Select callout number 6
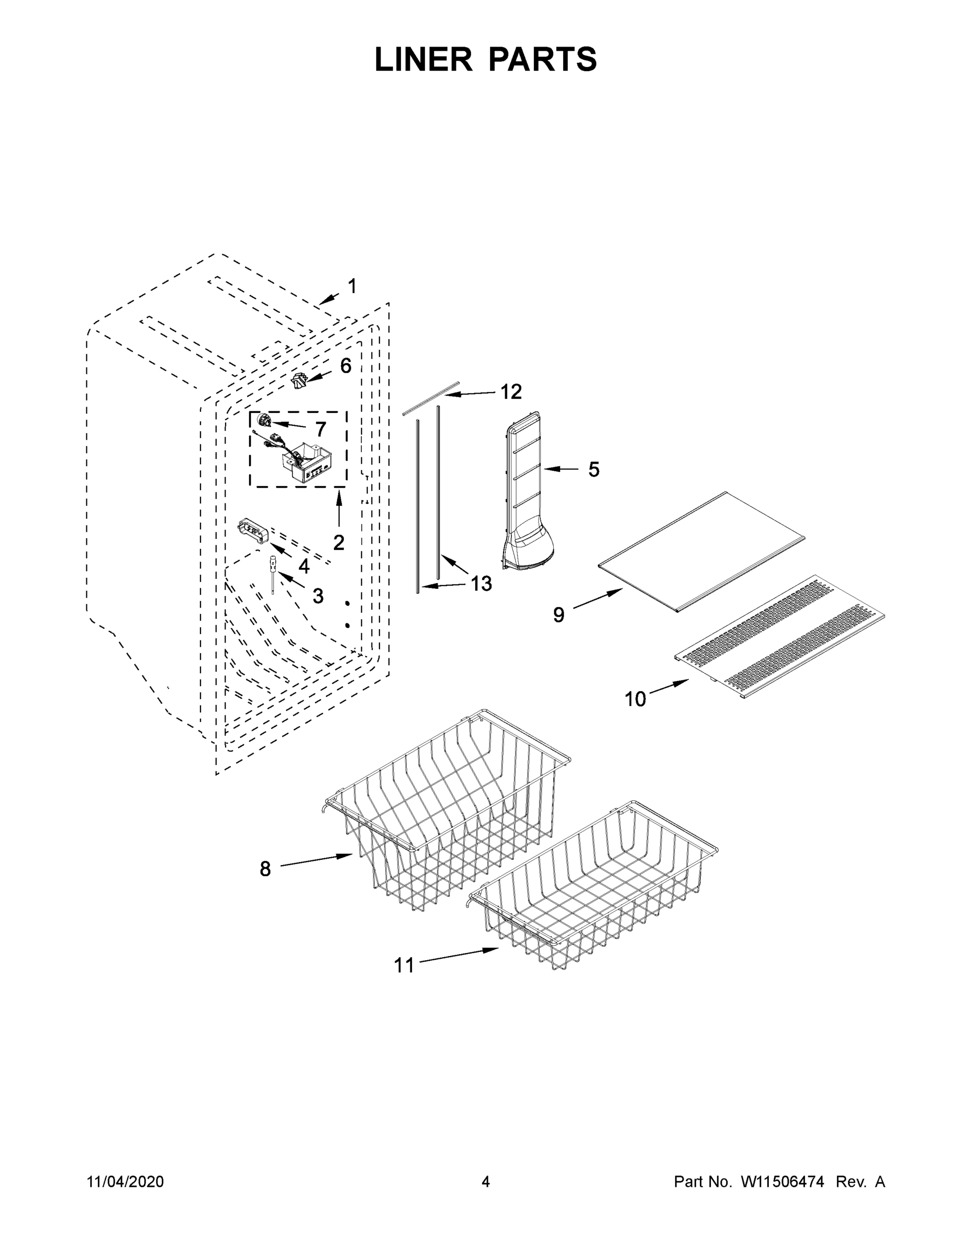click(345, 366)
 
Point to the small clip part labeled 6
click(298, 380)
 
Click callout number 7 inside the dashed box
click(320, 429)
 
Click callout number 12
click(510, 391)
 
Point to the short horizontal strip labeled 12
click(431, 396)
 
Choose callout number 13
click(482, 584)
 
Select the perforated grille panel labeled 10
click(779, 635)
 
